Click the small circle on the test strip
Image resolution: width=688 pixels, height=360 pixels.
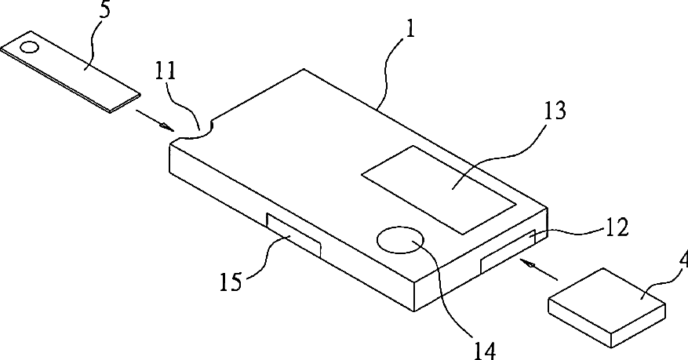tap(27, 47)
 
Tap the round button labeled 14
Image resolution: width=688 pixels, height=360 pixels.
tap(400, 242)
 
